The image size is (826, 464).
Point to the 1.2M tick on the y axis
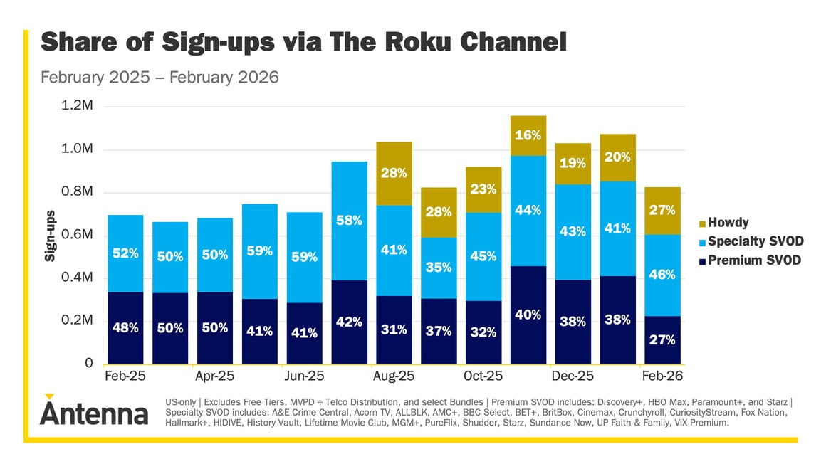(79, 107)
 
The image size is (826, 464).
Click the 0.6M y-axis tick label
(79, 235)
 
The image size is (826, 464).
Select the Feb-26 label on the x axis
(662, 376)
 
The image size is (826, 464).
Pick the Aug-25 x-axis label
(394, 376)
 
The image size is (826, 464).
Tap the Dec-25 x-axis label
(573, 376)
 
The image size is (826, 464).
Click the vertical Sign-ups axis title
(50, 235)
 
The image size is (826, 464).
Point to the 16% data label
(528, 135)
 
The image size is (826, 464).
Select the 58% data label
(349, 221)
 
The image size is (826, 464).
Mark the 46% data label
(662, 275)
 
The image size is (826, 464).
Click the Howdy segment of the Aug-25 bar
(394, 174)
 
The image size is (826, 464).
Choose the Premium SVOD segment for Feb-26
(662, 339)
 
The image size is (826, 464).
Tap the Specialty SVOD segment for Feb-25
(125, 253)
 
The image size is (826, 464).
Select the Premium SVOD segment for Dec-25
(573, 322)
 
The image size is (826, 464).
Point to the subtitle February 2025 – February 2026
(160, 77)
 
